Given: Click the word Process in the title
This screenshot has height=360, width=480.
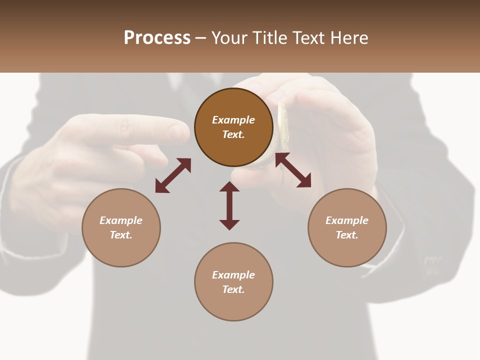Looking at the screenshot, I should click(157, 38).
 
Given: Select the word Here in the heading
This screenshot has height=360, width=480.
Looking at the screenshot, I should click(349, 38).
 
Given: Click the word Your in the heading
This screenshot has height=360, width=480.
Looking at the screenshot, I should click(229, 38).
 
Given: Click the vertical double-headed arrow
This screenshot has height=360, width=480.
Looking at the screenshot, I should click(229, 205).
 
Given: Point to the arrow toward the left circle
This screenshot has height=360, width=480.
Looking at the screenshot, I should click(173, 175).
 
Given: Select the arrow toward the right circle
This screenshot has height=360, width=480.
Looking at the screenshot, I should click(293, 170).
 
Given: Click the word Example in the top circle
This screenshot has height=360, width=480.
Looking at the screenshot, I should click(233, 120).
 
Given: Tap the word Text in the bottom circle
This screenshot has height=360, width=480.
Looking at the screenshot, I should click(233, 289).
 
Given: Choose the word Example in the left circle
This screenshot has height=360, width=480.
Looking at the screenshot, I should click(121, 220).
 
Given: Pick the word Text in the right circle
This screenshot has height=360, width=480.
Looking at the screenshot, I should click(347, 235).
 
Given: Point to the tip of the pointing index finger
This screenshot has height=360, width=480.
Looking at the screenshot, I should click(180, 131).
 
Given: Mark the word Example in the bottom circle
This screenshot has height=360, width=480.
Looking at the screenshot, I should click(233, 275).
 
